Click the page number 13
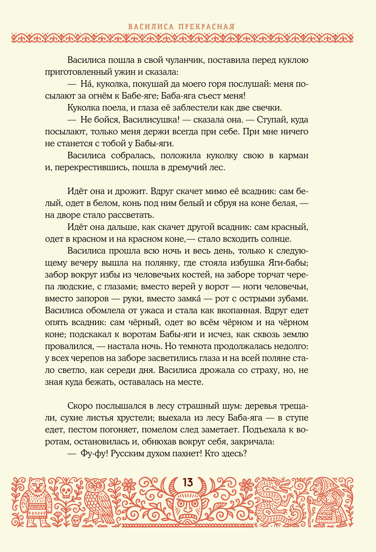[187, 482]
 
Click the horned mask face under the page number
[187, 506]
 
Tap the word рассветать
[130, 215]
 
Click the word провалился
[69, 347]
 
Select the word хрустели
[133, 418]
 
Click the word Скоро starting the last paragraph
[80, 406]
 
